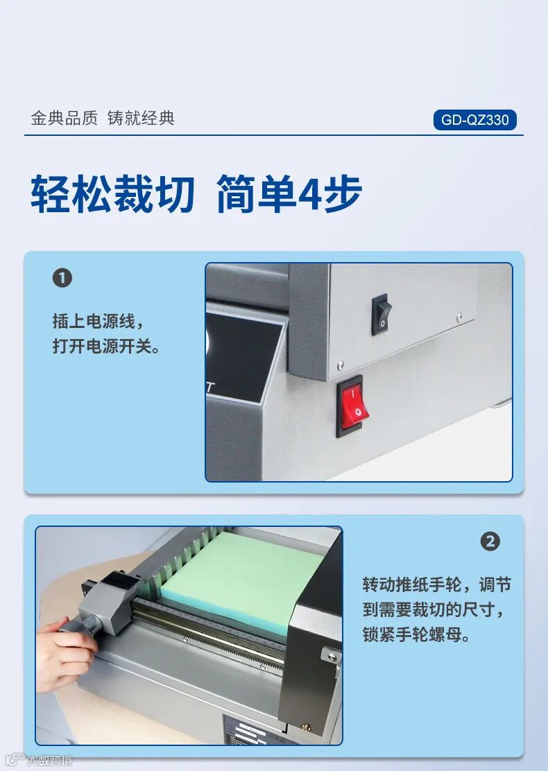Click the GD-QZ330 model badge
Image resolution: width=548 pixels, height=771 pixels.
pyautogui.click(x=474, y=120)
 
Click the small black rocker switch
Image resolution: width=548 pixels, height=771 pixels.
pyautogui.click(x=382, y=314)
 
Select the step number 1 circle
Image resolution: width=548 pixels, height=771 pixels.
pyautogui.click(x=62, y=278)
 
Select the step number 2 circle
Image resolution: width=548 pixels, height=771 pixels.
pyautogui.click(x=490, y=542)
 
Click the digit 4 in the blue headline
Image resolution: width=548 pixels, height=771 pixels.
pyautogui.click(x=310, y=193)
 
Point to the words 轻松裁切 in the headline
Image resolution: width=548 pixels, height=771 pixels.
pyautogui.click(x=112, y=193)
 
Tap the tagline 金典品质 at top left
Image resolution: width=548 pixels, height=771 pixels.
pyautogui.click(x=64, y=119)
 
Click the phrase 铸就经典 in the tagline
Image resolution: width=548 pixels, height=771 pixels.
pyautogui.click(x=141, y=119)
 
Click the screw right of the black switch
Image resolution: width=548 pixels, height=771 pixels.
pyautogui.click(x=459, y=317)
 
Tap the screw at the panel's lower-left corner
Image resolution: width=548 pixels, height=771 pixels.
pyautogui.click(x=341, y=365)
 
